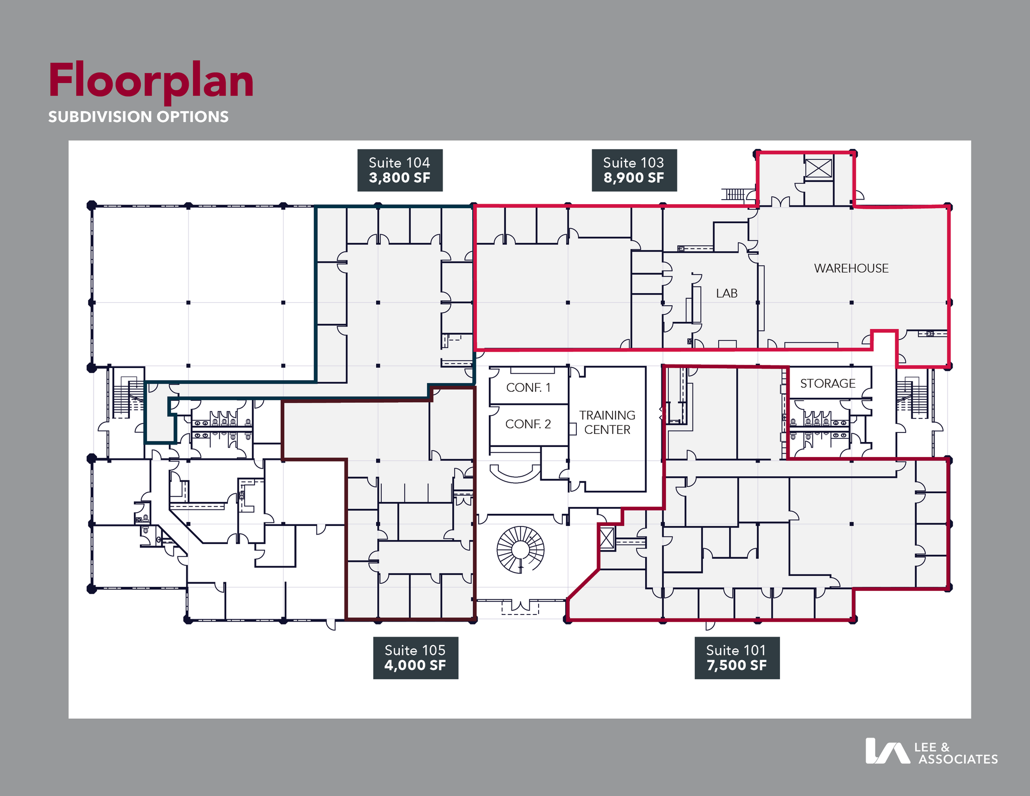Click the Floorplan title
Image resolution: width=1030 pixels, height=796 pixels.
pyautogui.click(x=151, y=80)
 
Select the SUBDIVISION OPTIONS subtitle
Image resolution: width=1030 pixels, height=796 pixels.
pyautogui.click(x=138, y=117)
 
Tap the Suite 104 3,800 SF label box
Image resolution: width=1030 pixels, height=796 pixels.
pyautogui.click(x=400, y=170)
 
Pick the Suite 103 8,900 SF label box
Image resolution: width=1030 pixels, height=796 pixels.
pyautogui.click(x=634, y=170)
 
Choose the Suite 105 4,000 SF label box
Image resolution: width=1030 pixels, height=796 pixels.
pyautogui.click(x=415, y=658)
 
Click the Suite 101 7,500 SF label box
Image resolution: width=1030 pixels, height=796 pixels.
pyautogui.click(x=737, y=658)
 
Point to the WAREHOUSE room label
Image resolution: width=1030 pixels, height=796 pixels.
pyautogui.click(x=851, y=269)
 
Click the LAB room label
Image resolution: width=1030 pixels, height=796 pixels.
pyautogui.click(x=727, y=293)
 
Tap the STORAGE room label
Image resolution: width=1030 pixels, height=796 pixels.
pyautogui.click(x=828, y=384)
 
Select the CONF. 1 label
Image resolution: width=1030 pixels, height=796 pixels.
pyautogui.click(x=528, y=388)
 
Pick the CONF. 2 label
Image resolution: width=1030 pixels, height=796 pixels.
pyautogui.click(x=528, y=424)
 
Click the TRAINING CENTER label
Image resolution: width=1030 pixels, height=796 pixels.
pyautogui.click(x=607, y=422)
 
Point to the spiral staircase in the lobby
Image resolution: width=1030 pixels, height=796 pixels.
pyautogui.click(x=521, y=550)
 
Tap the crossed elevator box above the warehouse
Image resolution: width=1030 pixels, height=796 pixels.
pyautogui.click(x=818, y=168)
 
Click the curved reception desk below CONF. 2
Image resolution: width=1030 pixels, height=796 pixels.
pyautogui.click(x=514, y=474)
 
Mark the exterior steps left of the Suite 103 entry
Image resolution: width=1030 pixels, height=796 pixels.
pyautogui.click(x=735, y=194)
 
